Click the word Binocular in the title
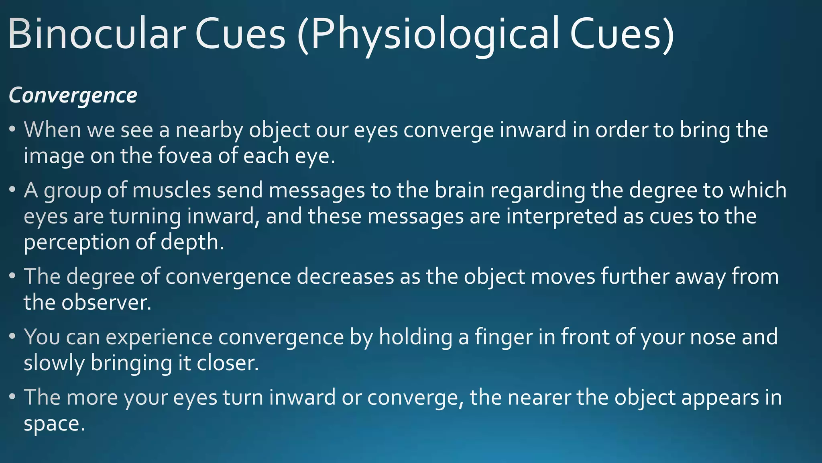click(96, 34)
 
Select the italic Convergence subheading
click(73, 96)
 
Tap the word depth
click(192, 243)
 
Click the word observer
click(107, 303)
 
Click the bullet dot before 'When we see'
click(12, 129)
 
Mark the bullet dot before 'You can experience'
click(12, 336)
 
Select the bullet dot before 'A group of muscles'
click(12, 189)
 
